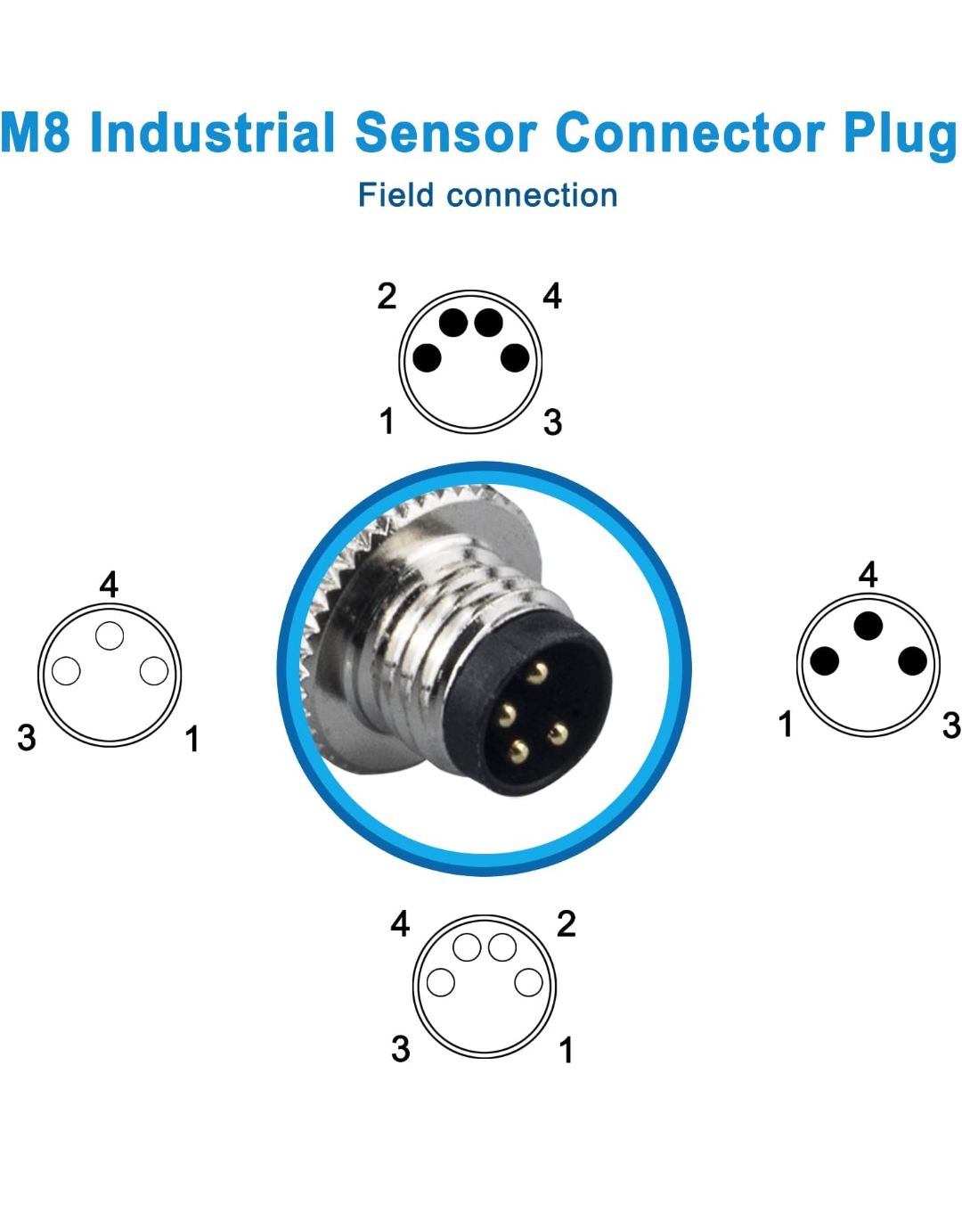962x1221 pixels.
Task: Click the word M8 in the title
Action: point(36,132)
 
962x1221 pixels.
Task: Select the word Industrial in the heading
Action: point(212,132)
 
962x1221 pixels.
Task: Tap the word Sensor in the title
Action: point(445,133)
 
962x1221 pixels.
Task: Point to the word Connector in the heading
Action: point(690,133)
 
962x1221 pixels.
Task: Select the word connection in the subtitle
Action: point(532,196)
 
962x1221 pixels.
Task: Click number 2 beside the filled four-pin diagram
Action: point(387,296)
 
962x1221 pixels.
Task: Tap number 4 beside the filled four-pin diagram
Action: point(552,296)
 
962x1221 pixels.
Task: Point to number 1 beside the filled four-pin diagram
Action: point(387,421)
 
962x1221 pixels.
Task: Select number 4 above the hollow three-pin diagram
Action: point(109,585)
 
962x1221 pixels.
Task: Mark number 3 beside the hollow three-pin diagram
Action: point(27,738)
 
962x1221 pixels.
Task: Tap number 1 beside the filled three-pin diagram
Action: point(785,724)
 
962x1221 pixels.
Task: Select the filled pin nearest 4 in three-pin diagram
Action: point(868,627)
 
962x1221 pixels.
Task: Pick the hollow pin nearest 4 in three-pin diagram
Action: point(110,635)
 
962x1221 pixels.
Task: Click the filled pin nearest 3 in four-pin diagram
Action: point(515,358)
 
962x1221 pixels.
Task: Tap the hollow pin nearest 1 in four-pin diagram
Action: point(528,982)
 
